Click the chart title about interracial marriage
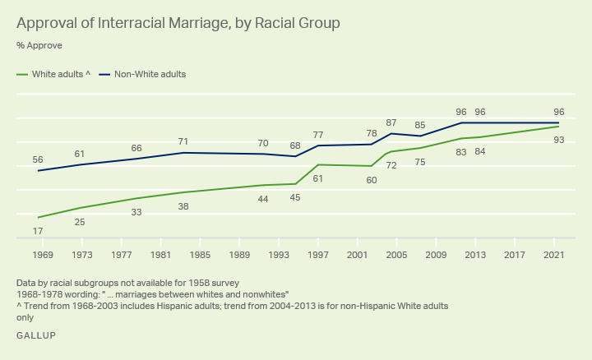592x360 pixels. click(178, 22)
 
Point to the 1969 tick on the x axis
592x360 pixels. click(43, 255)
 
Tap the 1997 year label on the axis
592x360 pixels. click(318, 255)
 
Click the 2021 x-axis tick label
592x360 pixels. click(553, 255)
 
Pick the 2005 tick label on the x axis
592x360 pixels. click(396, 255)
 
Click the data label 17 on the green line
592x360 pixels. click(38, 231)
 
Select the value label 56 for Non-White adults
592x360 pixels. click(38, 160)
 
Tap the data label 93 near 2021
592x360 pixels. click(558, 141)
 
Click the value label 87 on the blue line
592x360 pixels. click(391, 122)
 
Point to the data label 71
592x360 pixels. click(183, 142)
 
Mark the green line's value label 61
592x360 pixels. click(318, 178)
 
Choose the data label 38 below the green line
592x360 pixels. click(183, 206)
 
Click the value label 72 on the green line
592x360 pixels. click(391, 166)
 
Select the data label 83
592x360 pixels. click(461, 152)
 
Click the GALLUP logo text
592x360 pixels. click(36, 335)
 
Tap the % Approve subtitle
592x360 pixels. click(39, 45)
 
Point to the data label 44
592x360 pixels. click(263, 199)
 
